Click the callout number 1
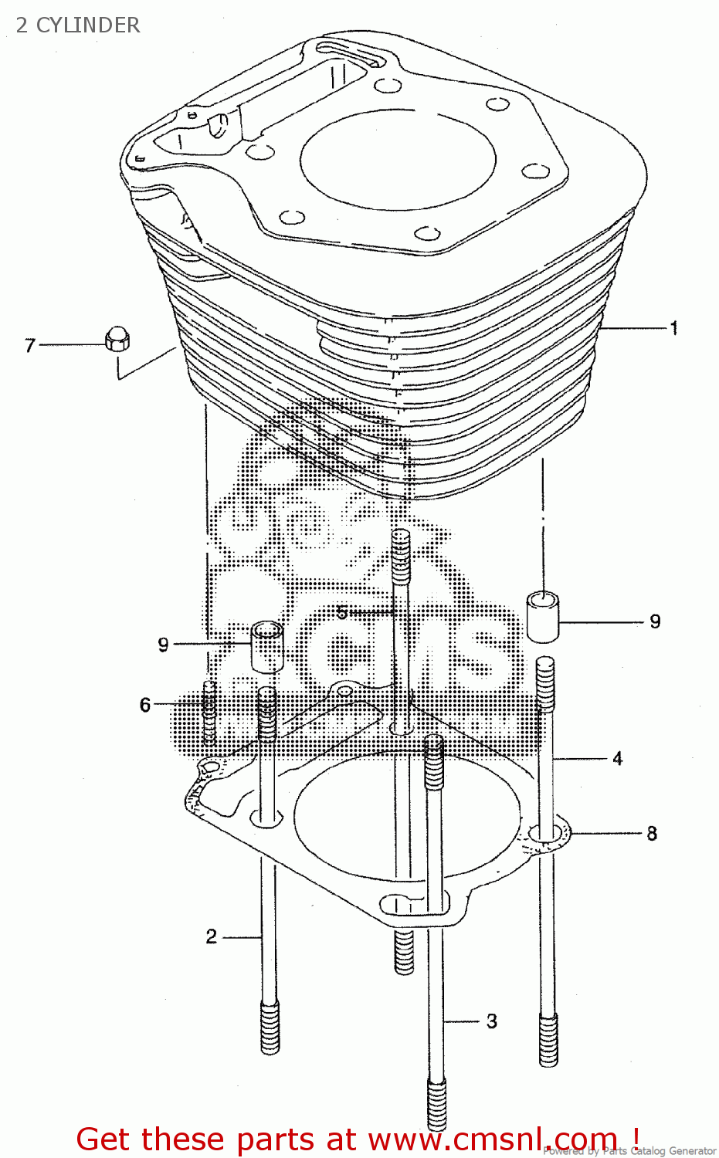pos(673,328)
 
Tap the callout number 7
pos(30,345)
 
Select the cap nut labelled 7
pos(116,339)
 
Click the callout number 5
pos(342,613)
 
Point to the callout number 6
pos(145,705)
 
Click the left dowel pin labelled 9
pos(267,645)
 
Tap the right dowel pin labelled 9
pos(544,615)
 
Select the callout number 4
pos(617,759)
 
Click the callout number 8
pos(652,834)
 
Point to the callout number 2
pos(212,936)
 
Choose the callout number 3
pos(492,1021)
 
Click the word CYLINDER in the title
pos(88,25)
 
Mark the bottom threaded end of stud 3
pos(436,1104)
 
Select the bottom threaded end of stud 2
pos(270,1027)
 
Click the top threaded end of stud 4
pos(545,683)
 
